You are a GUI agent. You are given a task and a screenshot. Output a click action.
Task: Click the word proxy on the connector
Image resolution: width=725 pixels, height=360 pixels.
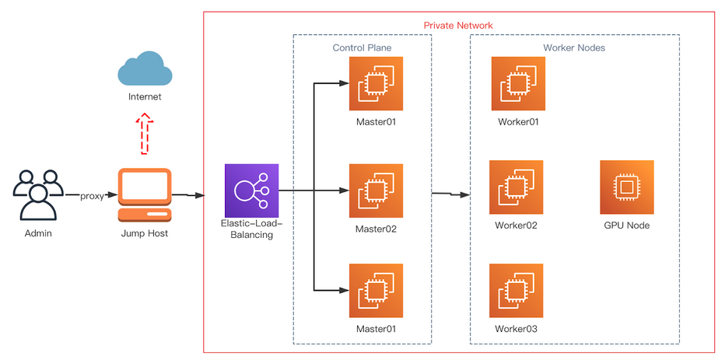[92, 196]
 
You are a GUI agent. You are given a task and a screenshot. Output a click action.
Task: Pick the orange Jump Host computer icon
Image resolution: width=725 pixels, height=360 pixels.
[144, 194]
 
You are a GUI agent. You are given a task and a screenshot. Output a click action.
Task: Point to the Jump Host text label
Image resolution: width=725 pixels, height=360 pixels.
[144, 233]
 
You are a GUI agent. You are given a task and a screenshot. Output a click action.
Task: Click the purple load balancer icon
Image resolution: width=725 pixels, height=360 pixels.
[250, 190]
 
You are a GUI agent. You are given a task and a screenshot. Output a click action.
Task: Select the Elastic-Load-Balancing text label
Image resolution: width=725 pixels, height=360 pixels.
[250, 229]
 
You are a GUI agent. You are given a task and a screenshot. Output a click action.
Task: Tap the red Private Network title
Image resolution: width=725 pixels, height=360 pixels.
[457, 26]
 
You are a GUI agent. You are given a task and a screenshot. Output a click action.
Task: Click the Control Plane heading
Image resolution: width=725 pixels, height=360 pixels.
[362, 48]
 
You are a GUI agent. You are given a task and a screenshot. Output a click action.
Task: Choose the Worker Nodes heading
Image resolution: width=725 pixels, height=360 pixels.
[573, 48]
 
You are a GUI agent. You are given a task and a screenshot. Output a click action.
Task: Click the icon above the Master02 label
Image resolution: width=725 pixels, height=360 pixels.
[376, 190]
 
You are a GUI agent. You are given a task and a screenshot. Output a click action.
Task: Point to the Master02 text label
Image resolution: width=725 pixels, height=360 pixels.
[376, 229]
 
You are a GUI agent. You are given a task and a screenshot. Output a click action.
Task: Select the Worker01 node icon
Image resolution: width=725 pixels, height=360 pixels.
[518, 83]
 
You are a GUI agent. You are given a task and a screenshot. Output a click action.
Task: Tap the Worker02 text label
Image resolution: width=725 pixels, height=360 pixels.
[517, 226]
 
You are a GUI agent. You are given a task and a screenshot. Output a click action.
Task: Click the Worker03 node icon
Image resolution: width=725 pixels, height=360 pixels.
[517, 290]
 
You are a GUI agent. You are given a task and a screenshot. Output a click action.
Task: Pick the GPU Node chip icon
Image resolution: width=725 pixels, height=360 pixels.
[626, 187]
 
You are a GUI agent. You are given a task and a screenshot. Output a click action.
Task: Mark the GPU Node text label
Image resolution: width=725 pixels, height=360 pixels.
[626, 226]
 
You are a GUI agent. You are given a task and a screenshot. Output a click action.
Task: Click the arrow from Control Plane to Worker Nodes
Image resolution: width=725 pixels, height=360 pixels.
[451, 194]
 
